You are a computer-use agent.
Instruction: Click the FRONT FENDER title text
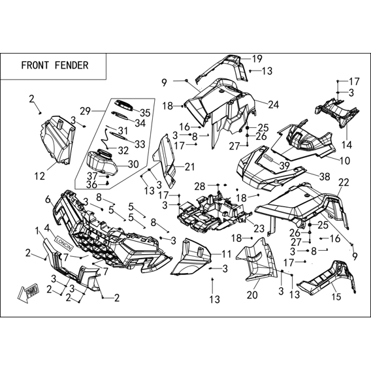55,65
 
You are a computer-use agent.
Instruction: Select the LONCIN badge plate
65,243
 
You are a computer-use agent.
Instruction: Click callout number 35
145,113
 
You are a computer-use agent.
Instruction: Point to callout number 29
85,111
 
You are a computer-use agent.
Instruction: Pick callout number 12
39,176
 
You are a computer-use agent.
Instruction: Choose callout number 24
273,105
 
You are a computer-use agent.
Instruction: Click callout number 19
257,59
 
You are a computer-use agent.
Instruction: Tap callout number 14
347,144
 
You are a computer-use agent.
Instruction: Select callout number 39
284,166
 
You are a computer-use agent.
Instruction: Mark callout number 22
344,182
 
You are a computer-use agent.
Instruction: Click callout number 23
259,229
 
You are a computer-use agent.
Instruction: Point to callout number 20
252,295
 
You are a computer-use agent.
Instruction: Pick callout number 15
336,297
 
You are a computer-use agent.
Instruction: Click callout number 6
48,200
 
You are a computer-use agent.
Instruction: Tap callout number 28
200,187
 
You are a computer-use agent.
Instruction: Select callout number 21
189,167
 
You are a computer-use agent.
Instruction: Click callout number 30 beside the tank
133,164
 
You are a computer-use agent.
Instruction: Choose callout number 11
226,254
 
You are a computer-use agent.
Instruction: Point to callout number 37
92,176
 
